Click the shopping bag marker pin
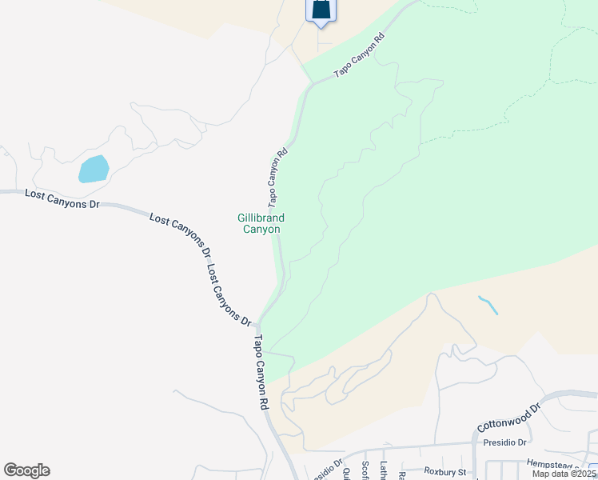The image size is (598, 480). [320, 10]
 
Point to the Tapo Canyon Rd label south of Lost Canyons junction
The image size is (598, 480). [261, 372]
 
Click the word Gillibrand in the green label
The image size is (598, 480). [261, 218]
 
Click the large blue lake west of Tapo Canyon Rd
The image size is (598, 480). [94, 169]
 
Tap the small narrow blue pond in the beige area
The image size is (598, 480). [486, 304]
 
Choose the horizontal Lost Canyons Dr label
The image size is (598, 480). [62, 199]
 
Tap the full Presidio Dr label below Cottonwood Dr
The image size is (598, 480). [505, 442]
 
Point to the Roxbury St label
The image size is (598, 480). [445, 472]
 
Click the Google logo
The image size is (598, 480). [26, 470]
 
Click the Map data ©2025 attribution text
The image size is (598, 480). [564, 474]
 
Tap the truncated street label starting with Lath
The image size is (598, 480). [384, 470]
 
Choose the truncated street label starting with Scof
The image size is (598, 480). [365, 470]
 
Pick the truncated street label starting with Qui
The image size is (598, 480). [347, 472]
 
